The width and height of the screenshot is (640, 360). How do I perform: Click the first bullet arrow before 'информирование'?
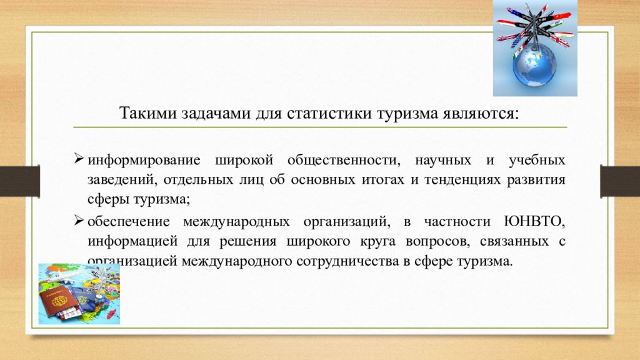tap(79, 159)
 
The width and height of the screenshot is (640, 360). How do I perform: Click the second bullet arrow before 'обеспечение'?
tap(79, 220)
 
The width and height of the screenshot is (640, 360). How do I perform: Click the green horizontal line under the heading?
tap(320, 127)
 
